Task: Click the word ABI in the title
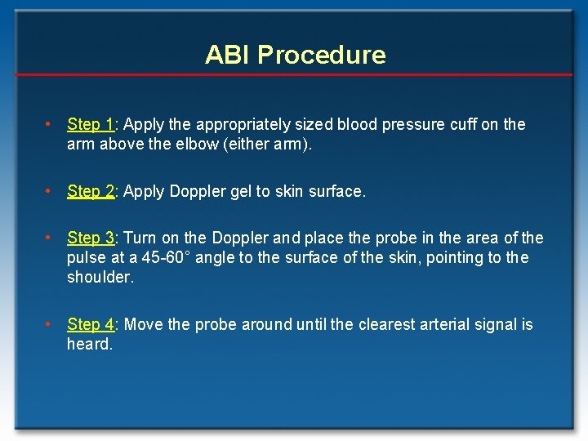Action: click(227, 55)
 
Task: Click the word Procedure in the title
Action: click(321, 55)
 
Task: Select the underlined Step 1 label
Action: click(91, 124)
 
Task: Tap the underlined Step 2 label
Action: click(91, 191)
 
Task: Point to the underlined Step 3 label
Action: click(91, 238)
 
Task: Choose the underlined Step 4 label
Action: click(91, 324)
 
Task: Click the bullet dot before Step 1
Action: click(49, 124)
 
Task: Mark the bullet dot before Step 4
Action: click(49, 324)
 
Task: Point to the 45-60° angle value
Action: click(163, 258)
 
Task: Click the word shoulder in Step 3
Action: click(100, 278)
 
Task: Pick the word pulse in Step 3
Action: click(86, 258)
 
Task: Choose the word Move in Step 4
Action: click(143, 324)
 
